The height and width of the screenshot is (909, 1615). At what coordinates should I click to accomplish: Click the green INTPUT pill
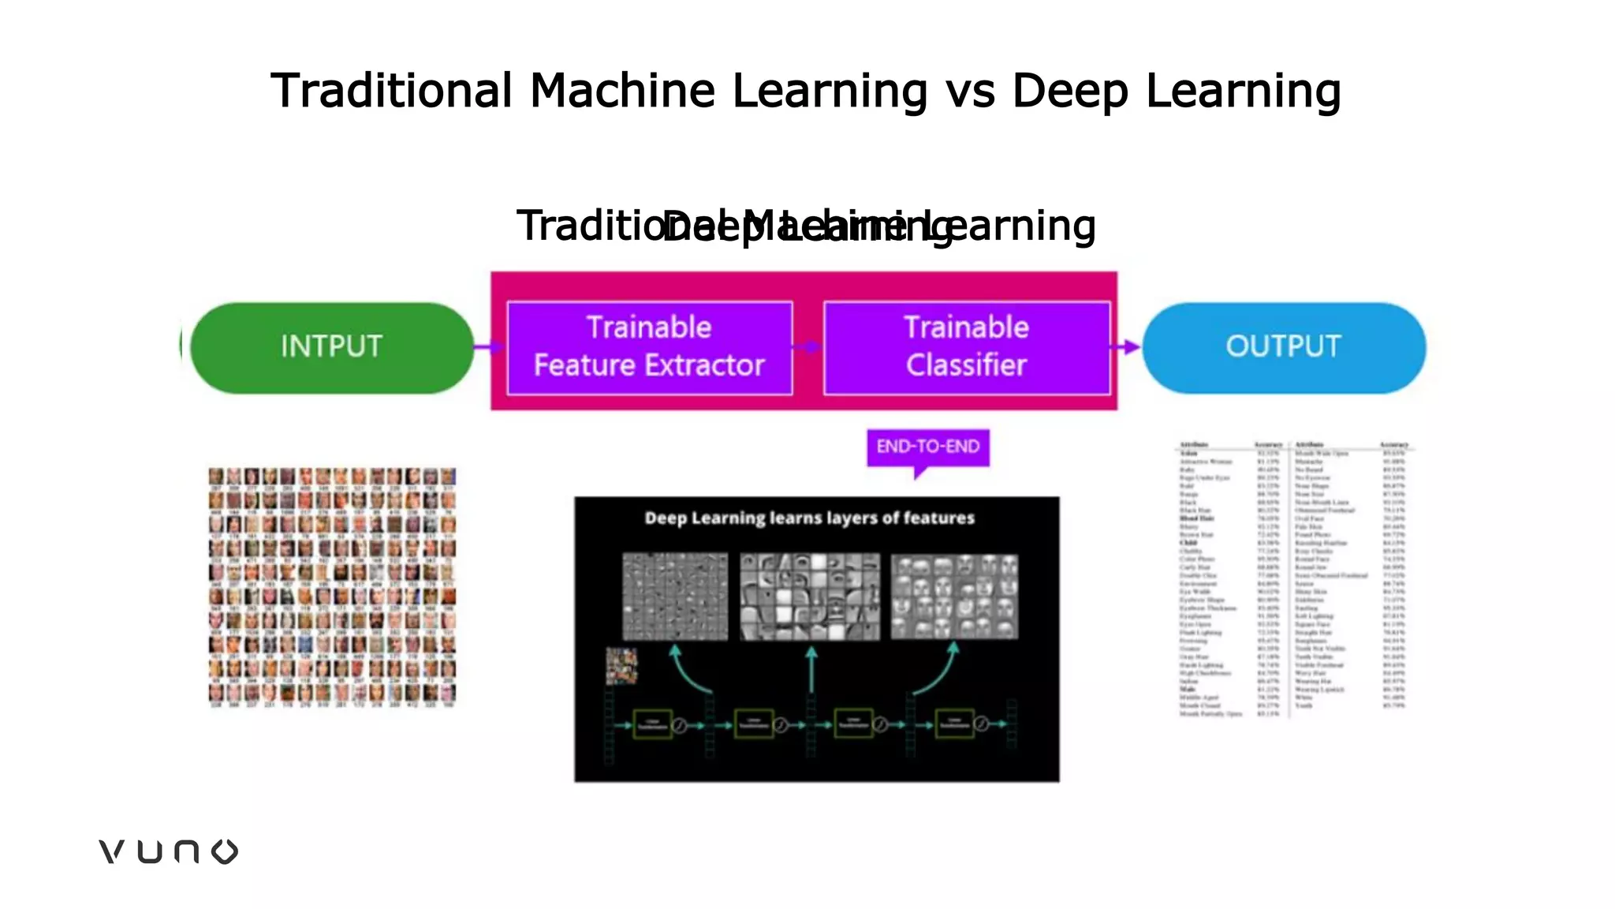[332, 347]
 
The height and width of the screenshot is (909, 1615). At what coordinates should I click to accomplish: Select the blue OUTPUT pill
[1284, 347]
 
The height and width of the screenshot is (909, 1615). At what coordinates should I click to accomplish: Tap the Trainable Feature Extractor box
[649, 347]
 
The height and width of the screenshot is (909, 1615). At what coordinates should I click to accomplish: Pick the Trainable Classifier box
[967, 347]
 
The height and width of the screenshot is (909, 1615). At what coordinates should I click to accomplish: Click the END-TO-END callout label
[928, 447]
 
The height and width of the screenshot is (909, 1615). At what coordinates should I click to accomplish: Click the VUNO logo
[168, 851]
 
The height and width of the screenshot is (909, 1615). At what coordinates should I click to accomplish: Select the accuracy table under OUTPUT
[1293, 579]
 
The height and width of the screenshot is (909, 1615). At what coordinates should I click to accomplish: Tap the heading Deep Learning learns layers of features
[810, 518]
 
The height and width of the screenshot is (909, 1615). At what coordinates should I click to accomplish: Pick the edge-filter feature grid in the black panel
[675, 596]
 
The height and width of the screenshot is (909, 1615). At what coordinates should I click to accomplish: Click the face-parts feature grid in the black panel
[810, 596]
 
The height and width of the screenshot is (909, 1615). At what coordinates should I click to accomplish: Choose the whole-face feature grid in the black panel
[954, 596]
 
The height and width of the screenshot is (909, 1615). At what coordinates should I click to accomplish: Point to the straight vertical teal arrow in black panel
[811, 670]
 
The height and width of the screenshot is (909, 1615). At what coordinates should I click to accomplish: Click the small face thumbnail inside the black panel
[621, 665]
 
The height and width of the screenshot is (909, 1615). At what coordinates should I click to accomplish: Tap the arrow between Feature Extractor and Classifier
[808, 346]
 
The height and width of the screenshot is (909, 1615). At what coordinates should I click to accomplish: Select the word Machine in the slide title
[623, 91]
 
